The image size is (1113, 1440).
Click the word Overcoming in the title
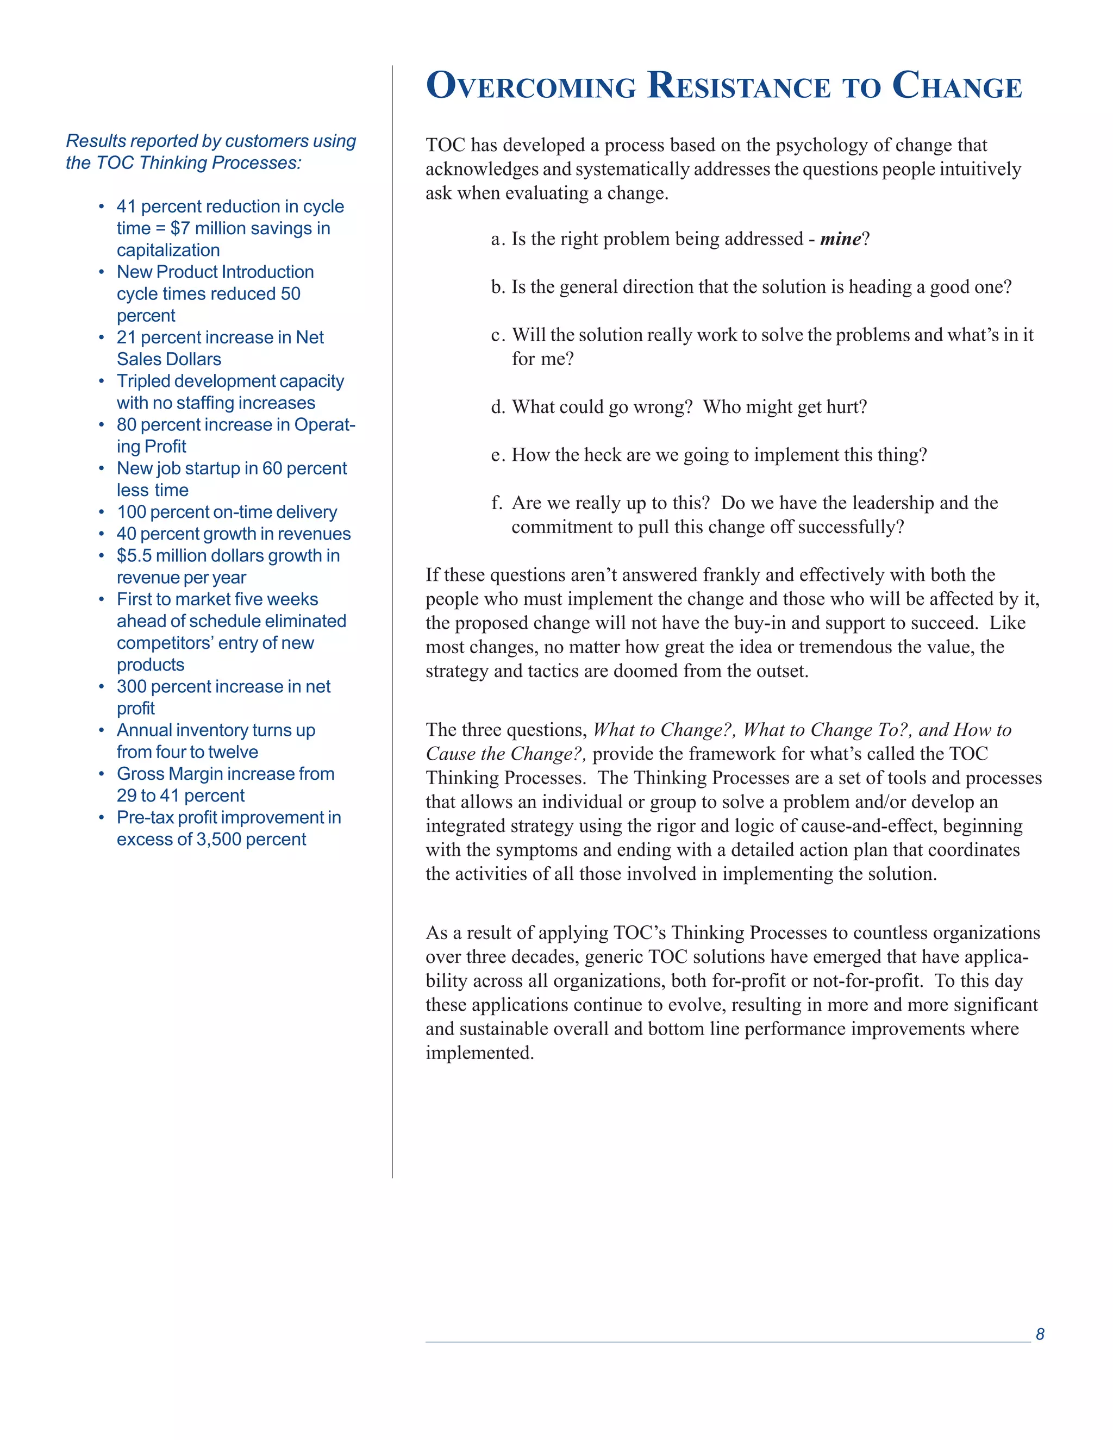coord(531,86)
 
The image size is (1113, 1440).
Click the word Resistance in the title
coord(739,86)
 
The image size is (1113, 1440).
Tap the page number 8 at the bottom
coord(1040,1334)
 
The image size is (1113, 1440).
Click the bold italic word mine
coord(840,239)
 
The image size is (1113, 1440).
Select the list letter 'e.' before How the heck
coord(498,455)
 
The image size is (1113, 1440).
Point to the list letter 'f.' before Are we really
coord(498,503)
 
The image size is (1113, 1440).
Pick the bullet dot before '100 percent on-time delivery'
coord(102,512)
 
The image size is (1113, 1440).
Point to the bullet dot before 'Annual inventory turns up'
coord(102,730)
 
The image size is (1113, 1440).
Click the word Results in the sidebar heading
coord(96,141)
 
